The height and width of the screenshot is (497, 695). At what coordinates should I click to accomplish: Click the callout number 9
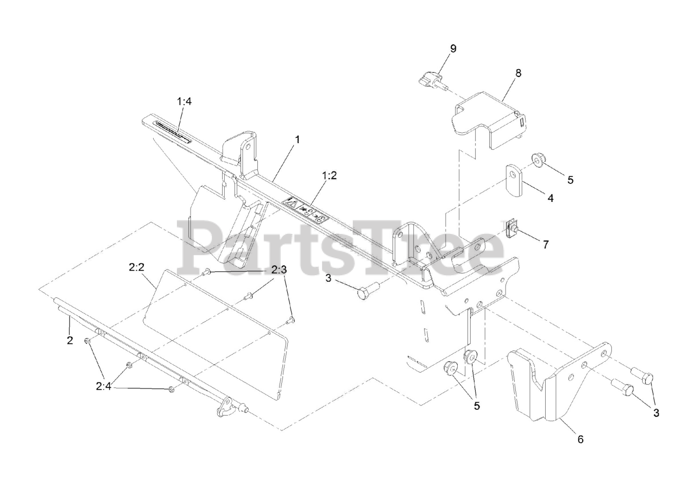point(453,48)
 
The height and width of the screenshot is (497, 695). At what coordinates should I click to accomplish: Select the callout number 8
point(518,73)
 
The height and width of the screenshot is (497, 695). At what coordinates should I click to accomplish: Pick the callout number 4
point(551,199)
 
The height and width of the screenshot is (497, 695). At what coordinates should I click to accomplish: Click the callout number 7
point(545,244)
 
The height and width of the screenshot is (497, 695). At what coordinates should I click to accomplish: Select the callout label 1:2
point(330,175)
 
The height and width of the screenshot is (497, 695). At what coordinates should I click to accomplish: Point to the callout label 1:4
point(184,101)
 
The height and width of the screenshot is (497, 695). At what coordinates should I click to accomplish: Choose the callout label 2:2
point(136,266)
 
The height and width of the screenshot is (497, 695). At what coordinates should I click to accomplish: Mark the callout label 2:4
point(104,387)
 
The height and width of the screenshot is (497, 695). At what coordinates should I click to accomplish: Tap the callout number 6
point(580,439)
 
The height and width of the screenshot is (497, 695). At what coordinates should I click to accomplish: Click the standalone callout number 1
point(297,139)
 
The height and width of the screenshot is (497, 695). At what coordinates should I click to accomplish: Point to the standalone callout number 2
point(69,340)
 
